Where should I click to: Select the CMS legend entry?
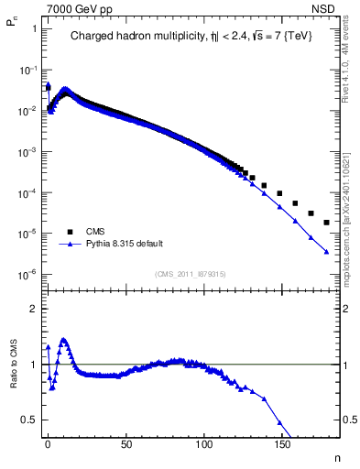coord(96,232)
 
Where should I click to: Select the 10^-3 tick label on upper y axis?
coord(27,151)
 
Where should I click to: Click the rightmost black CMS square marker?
coord(326,223)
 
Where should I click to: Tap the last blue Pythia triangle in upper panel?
coord(326,252)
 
